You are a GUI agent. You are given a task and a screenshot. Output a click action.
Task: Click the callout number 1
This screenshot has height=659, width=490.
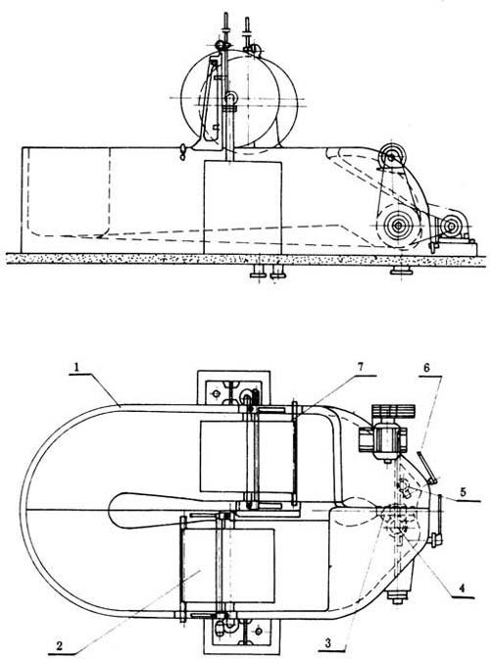coord(75,367)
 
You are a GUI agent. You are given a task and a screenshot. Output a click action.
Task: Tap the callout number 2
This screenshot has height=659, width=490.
coord(60,645)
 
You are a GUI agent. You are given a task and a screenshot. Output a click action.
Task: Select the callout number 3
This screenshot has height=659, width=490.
coord(328,641)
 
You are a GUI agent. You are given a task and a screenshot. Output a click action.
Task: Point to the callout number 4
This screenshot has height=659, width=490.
coord(462,588)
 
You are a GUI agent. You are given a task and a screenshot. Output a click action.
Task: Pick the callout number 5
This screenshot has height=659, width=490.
coord(463,492)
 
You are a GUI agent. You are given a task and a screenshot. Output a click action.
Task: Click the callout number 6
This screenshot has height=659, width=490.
coord(426,368)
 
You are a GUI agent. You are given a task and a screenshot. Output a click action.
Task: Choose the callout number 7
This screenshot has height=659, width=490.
coord(361,367)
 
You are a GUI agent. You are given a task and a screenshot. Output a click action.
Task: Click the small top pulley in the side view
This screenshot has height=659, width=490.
coord(392,157)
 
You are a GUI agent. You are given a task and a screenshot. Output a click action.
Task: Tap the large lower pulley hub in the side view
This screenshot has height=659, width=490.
coord(397,225)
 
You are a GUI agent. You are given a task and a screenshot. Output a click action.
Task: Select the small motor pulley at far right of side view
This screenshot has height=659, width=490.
coord(451,227)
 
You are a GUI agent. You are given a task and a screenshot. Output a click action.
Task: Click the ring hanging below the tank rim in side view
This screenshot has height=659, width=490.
coord(182,152)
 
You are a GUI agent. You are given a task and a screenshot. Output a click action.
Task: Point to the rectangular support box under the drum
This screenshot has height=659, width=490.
coord(242,207)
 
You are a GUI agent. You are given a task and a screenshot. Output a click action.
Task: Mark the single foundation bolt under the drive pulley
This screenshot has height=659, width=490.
coord(401,272)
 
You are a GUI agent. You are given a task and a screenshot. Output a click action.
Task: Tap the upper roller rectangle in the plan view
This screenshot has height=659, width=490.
coord(249,456)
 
